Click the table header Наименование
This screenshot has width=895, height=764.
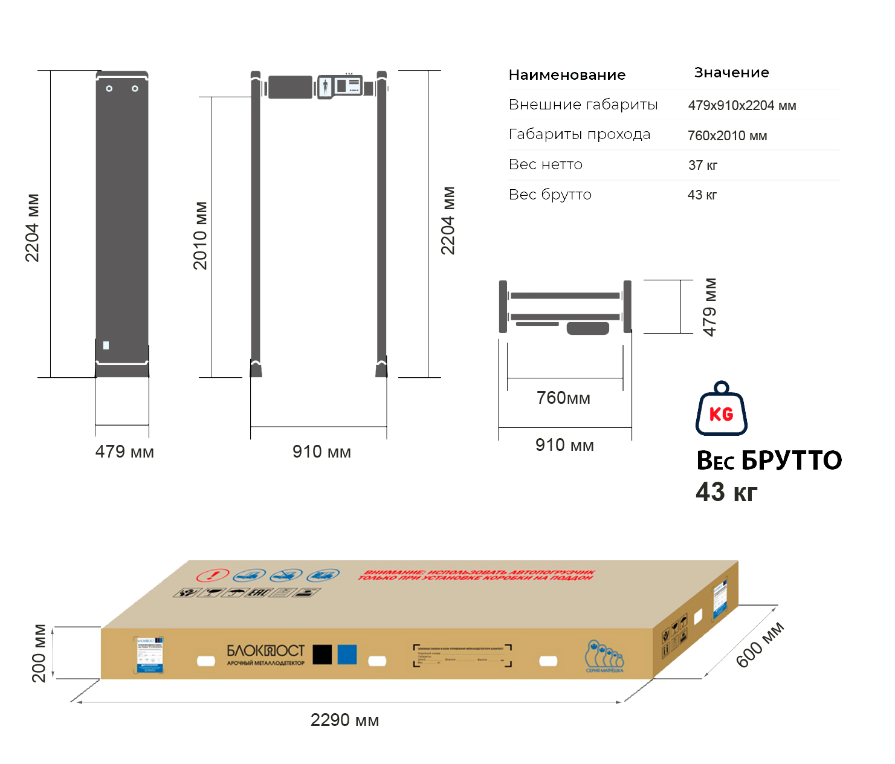(x=567, y=75)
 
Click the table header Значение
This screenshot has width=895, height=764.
(x=731, y=73)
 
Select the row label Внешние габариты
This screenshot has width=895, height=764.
(x=583, y=105)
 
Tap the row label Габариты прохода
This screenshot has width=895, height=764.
(x=580, y=134)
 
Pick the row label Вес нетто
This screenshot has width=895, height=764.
(x=546, y=164)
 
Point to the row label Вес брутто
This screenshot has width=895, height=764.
(x=550, y=195)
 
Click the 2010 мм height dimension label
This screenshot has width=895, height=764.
(x=200, y=235)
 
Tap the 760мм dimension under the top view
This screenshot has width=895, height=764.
(x=563, y=398)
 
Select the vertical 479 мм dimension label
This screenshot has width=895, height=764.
(x=710, y=306)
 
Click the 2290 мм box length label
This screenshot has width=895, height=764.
(x=344, y=720)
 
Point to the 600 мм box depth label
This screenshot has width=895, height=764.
(x=760, y=645)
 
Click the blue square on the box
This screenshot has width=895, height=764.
(x=347, y=654)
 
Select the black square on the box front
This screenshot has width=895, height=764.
(x=322, y=654)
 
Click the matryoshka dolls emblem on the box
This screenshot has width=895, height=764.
(x=604, y=656)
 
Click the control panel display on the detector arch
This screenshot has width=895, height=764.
(x=340, y=86)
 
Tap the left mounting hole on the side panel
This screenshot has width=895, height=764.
(x=109, y=89)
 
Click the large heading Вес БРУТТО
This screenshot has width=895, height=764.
(x=769, y=461)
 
